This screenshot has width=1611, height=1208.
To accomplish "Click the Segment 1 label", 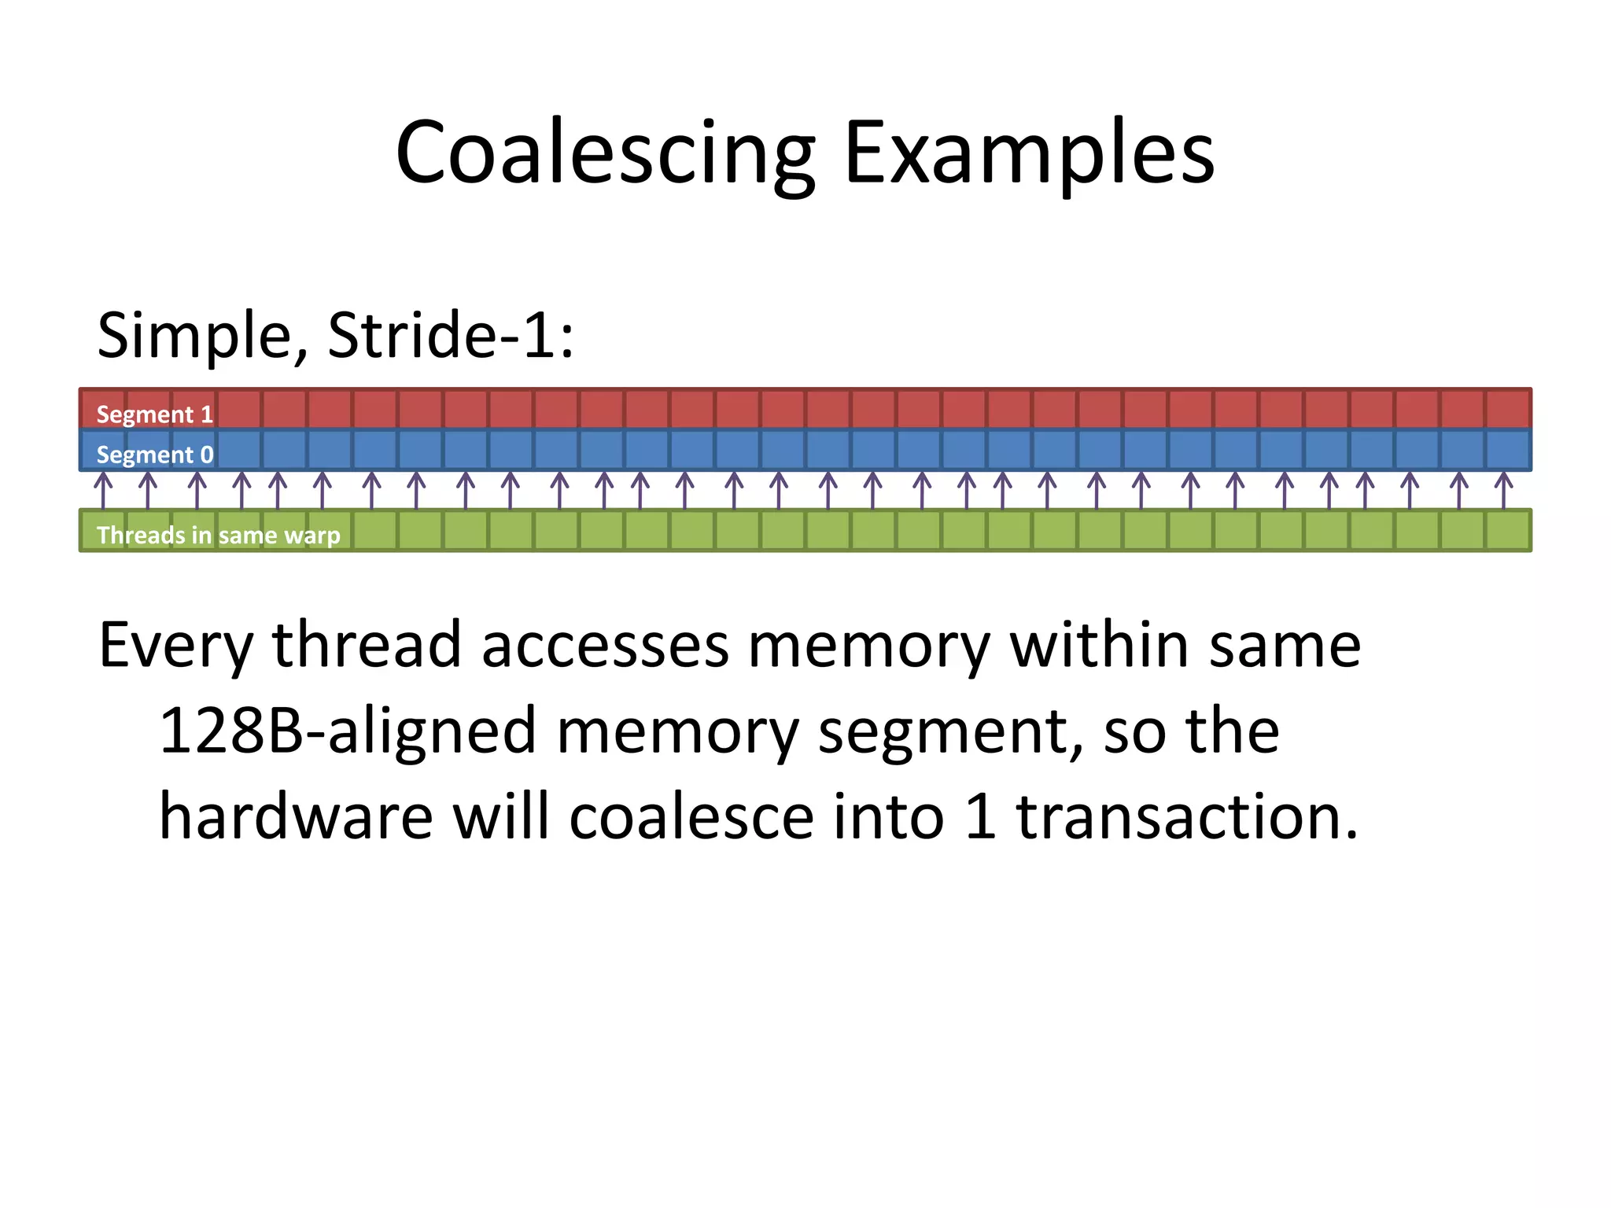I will [154, 414].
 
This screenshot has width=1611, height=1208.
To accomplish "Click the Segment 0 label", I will [154, 455].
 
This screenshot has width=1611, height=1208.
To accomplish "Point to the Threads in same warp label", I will [218, 535].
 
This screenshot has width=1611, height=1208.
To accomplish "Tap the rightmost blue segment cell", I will [1508, 450].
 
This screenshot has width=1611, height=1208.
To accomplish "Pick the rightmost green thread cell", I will [1508, 531].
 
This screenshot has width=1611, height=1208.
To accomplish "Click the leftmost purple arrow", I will [103, 490].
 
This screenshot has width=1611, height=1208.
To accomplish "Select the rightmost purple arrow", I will [1503, 490].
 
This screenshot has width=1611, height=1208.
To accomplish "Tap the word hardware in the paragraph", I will [296, 816].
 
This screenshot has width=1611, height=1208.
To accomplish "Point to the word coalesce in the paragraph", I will [691, 816].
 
